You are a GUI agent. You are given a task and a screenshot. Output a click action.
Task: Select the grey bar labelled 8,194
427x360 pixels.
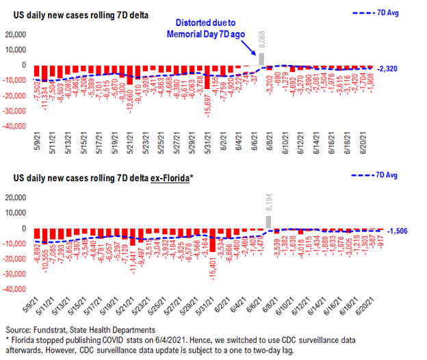pos(269,222)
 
